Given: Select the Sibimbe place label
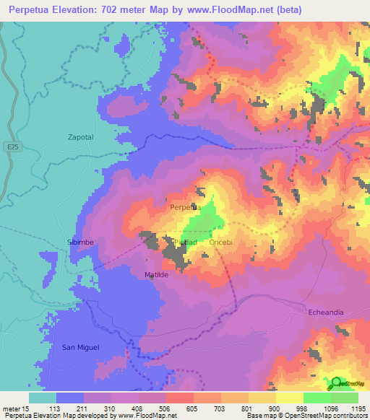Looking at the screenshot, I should pos(81,242).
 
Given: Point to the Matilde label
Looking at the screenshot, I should pos(156,275).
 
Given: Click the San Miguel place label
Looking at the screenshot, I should pos(80,347).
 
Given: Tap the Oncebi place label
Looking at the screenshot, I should pos(220,242).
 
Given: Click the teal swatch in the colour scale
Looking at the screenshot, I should pos(43,398).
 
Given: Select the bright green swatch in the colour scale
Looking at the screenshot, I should pos(317,398).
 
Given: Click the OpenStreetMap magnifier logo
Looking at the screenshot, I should pos(337,383).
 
